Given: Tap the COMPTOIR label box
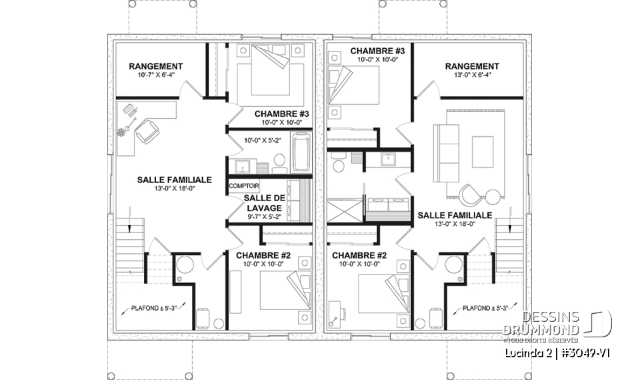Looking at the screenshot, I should [244, 186].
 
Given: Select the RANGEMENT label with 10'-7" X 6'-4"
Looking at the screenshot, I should [156, 67].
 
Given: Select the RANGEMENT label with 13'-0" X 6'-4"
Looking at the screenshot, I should [472, 67].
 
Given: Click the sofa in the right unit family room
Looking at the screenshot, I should [443, 153].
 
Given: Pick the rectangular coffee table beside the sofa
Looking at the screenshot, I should [482, 152].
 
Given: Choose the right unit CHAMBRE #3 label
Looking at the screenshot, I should [377, 51].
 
